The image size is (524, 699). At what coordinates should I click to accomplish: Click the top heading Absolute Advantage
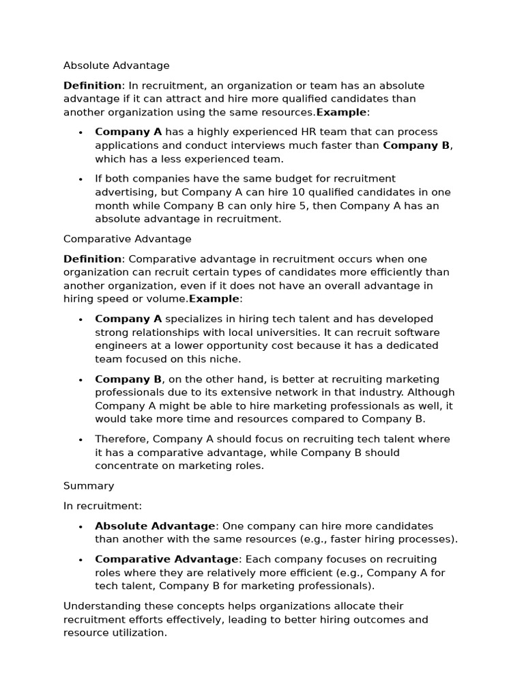pos(116,66)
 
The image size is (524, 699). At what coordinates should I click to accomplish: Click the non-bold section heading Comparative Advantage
pos(127,239)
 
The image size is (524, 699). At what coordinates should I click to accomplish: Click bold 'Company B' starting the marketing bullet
pos(128,379)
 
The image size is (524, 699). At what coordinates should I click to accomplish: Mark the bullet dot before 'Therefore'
pos(81,440)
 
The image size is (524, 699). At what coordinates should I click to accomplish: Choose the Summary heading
pos(89,486)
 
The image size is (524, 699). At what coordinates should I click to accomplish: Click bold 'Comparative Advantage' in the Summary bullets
pos(167,559)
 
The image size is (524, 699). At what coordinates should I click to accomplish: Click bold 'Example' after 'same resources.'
pos(341,112)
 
